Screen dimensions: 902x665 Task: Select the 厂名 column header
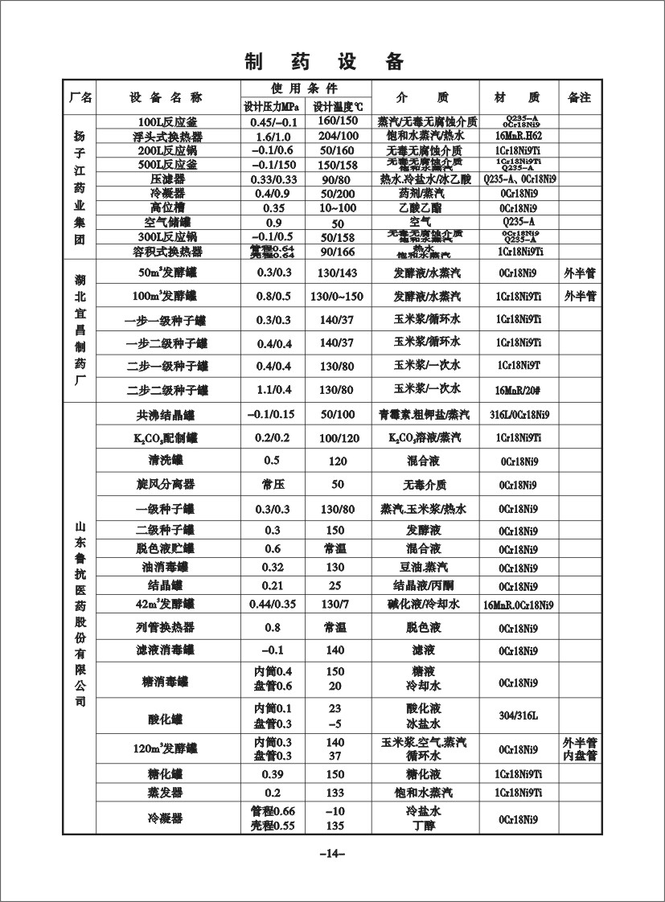coord(80,97)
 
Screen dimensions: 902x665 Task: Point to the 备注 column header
coord(579,97)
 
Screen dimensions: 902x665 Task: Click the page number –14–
coord(331,853)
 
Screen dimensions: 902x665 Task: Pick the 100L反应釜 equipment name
coord(167,122)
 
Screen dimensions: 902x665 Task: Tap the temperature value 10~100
coord(338,208)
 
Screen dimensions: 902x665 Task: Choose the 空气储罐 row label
coord(167,223)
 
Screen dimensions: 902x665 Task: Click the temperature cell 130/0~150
coord(338,297)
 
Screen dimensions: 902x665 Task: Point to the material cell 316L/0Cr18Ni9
coord(519,416)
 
